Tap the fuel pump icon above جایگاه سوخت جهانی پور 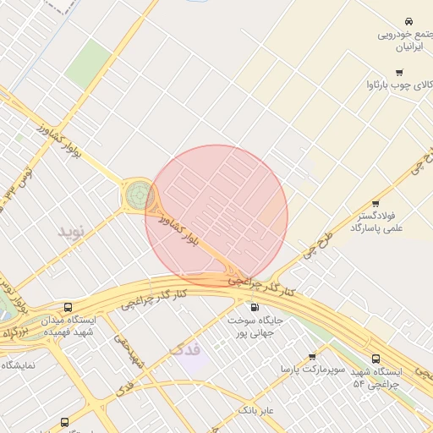[254, 306]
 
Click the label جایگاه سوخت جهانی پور [254, 327]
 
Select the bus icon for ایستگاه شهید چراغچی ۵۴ [375, 359]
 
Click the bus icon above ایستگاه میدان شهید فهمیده [67, 309]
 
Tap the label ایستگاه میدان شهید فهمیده [68, 326]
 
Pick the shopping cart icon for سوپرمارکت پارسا [312, 357]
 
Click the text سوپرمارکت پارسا [312, 370]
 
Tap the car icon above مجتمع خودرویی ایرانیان [408, 20]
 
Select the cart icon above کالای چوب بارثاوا [399, 72]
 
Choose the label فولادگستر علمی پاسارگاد [376, 222]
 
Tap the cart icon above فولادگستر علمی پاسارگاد [375, 203]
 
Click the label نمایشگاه [18, 365]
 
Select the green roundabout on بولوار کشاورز [138, 195]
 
